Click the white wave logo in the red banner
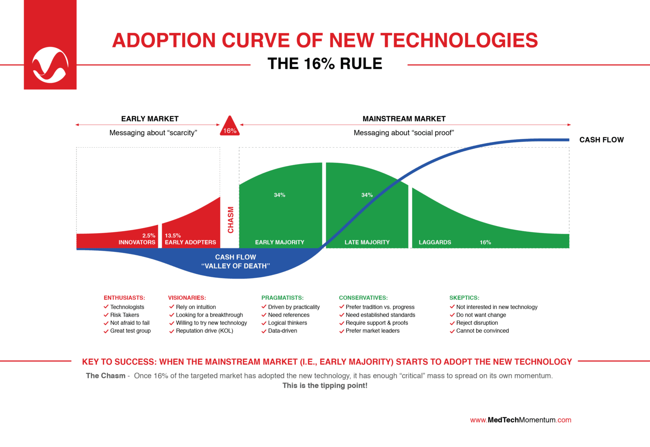[50, 65]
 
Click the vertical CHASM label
[231, 220]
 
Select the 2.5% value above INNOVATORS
[149, 235]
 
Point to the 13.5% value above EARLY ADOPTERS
[173, 235]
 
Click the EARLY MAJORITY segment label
[279, 242]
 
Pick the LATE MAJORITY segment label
[367, 242]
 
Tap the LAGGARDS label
[435, 242]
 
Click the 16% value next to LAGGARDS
[485, 242]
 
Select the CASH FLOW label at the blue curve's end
[601, 140]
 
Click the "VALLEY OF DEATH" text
[235, 266]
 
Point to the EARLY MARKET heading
[150, 119]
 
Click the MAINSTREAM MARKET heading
[404, 119]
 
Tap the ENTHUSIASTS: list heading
[124, 298]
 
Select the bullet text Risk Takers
[124, 315]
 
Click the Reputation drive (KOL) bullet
[204, 331]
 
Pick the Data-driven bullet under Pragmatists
[282, 331]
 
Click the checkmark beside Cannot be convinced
[452, 331]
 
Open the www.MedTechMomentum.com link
[521, 420]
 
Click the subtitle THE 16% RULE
[325, 64]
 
